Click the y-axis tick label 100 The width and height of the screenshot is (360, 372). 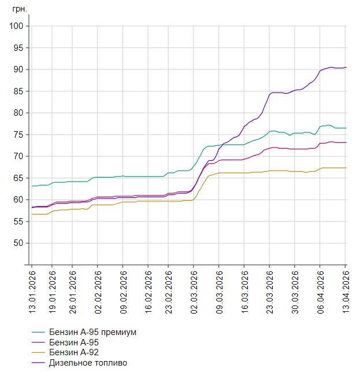tap(15, 26)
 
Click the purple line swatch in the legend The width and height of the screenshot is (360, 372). tap(39, 363)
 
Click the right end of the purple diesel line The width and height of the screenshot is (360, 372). tap(346, 68)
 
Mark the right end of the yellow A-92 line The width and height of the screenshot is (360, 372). tap(346, 168)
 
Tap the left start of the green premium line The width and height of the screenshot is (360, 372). tap(32, 186)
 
